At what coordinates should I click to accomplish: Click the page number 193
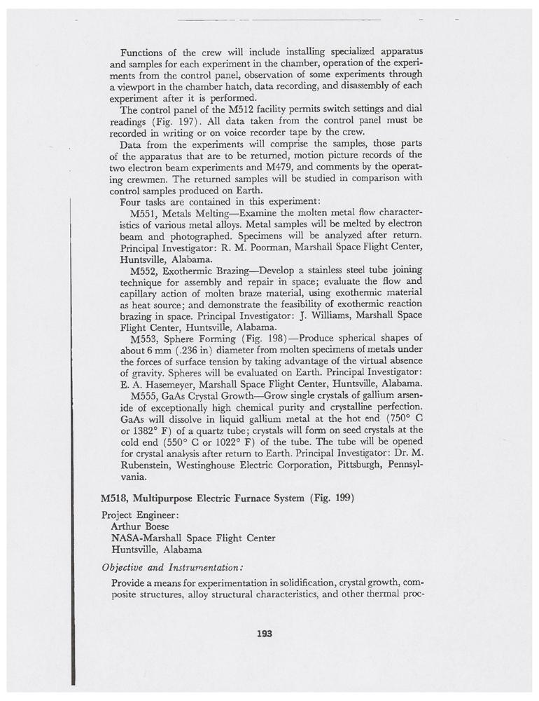pos(264,634)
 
